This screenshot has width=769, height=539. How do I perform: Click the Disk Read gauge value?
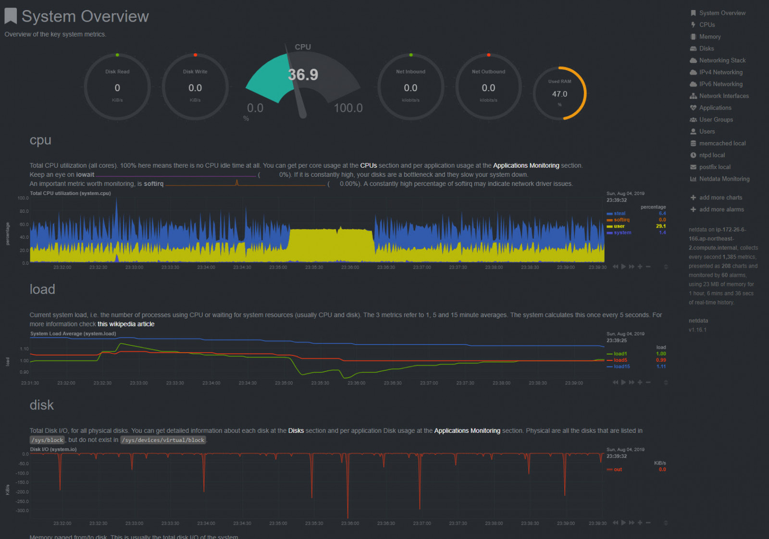tap(117, 88)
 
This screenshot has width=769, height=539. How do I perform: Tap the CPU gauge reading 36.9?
tap(303, 75)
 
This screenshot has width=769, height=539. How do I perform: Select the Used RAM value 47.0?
tap(559, 94)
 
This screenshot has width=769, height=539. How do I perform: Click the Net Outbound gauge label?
tap(488, 72)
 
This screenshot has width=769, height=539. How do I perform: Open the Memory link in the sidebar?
tap(709, 37)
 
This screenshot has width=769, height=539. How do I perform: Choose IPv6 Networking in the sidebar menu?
tap(720, 84)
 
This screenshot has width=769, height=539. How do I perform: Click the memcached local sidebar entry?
tap(722, 144)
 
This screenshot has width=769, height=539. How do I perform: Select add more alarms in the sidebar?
tap(721, 209)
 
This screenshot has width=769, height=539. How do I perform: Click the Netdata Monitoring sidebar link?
tap(724, 179)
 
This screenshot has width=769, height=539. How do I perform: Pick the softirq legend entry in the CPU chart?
tap(621, 220)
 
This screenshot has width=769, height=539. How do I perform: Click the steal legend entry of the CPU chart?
tap(619, 214)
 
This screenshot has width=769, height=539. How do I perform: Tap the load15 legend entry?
tap(621, 367)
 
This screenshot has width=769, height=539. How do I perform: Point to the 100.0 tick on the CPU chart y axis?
tap(23, 198)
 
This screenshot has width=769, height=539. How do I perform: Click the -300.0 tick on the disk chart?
tap(22, 511)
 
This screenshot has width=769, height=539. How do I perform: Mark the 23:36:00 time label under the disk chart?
tap(350, 524)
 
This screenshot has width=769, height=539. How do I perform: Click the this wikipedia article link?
tap(126, 324)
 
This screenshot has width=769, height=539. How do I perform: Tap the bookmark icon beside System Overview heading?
tap(11, 16)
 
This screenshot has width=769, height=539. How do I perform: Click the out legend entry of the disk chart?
tap(618, 470)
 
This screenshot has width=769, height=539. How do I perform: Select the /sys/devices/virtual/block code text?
tap(163, 440)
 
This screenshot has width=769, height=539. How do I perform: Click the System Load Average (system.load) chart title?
tap(73, 334)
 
